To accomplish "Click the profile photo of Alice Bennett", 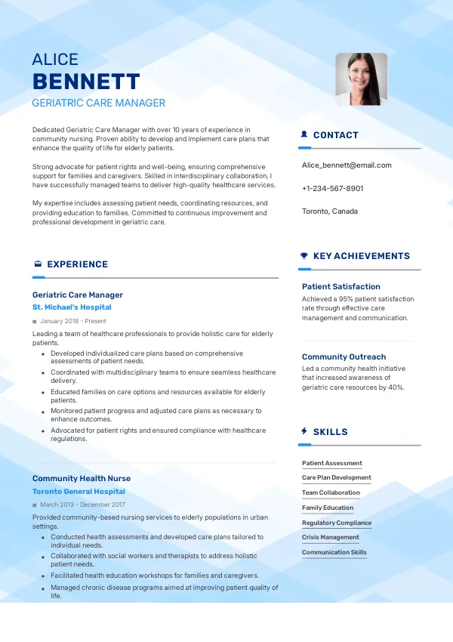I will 361,79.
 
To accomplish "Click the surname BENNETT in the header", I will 86,82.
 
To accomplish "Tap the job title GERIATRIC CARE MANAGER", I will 99,103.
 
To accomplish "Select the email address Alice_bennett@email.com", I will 347,165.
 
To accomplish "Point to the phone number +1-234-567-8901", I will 332,188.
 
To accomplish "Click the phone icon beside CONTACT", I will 304,135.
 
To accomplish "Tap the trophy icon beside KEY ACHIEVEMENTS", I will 304,256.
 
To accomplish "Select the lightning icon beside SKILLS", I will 304,431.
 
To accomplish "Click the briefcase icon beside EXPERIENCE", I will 38,264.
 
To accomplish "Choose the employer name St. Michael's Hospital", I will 72,307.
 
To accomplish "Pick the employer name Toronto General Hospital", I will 79,491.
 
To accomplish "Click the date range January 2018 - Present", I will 72,321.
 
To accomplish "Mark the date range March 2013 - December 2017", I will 82,505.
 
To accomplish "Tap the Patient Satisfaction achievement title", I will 341,287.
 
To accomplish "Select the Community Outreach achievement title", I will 344,356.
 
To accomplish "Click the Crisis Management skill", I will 330,537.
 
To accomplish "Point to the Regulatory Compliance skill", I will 337,523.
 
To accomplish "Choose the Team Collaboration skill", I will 331,492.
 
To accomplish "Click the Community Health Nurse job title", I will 82,478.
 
